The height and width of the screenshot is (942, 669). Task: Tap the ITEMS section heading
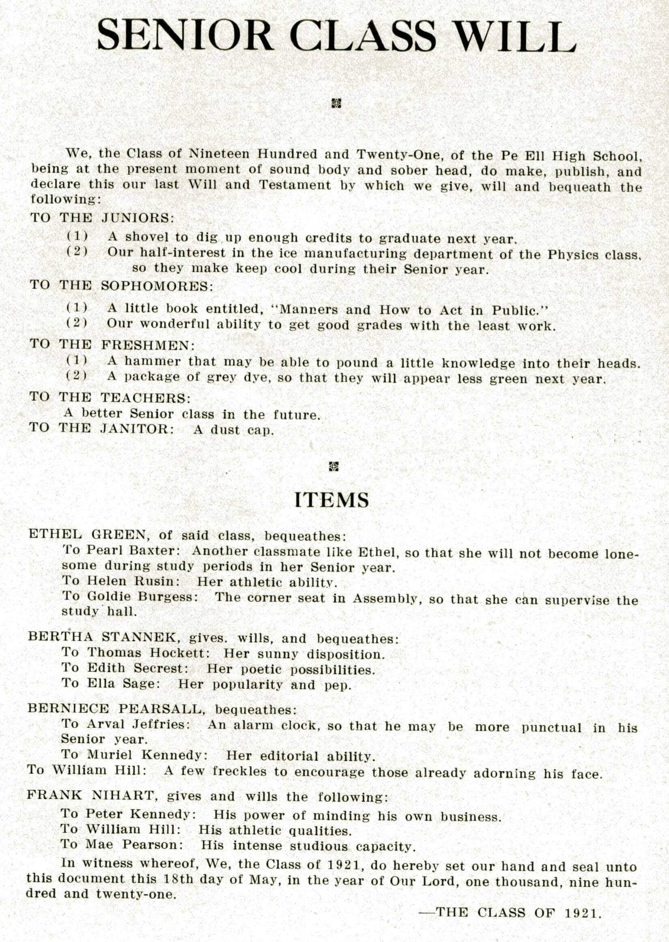coord(331,500)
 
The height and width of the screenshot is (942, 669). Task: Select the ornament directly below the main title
coord(336,103)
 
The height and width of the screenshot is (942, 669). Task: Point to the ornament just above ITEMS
coord(333,466)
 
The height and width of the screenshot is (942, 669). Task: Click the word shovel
coord(146,238)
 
